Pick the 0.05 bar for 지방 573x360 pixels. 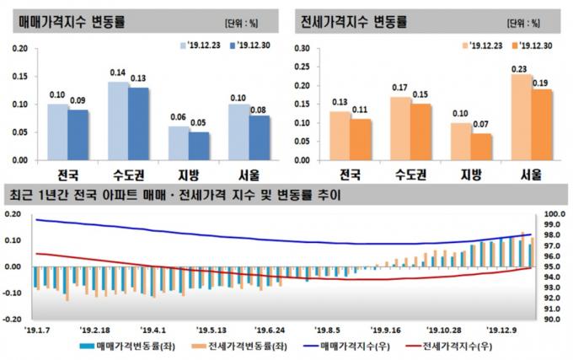pyautogui.click(x=199, y=145)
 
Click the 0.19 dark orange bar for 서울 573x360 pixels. pyautogui.click(x=543, y=124)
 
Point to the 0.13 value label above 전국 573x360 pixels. pyautogui.click(x=340, y=103)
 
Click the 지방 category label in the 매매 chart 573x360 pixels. pyautogui.click(x=189, y=175)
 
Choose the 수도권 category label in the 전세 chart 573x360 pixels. pyautogui.click(x=411, y=175)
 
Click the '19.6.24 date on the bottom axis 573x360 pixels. pyautogui.click(x=270, y=331)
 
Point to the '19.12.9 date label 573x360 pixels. pyautogui.click(x=502, y=331)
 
